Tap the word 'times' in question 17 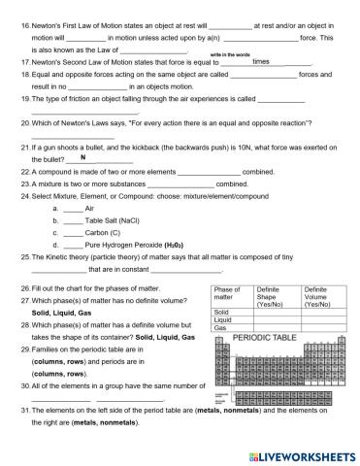(x=260, y=60)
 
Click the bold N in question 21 (x=84, y=156)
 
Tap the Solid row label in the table (x=220, y=311)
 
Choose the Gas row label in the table (x=219, y=328)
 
